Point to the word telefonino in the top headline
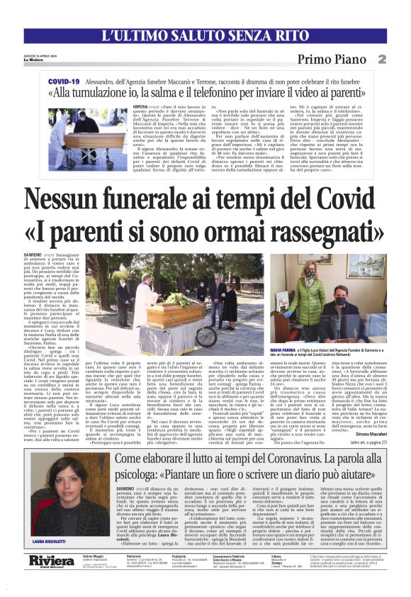pos(244,93)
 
